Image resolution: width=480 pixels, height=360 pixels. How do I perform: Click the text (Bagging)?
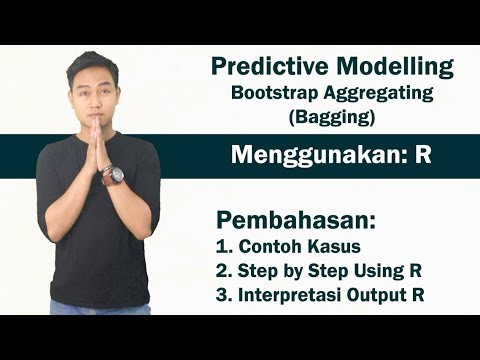pos(332,118)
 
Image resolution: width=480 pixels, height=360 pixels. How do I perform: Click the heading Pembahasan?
pos(289,218)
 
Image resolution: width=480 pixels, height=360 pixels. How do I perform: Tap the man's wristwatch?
pos(114,176)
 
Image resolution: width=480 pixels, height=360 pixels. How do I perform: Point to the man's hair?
pos(89,62)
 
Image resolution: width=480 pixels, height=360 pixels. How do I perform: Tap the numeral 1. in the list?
pos(223,244)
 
